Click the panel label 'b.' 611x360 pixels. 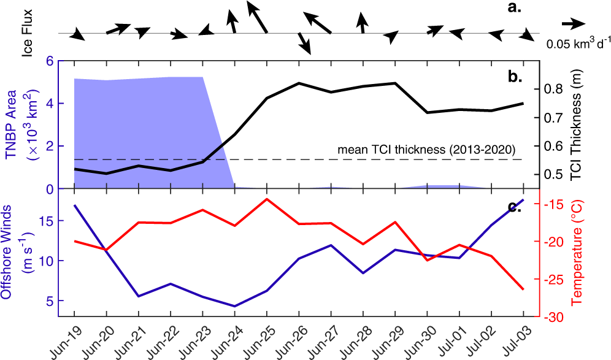coord(513,77)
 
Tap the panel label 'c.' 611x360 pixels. coord(513,206)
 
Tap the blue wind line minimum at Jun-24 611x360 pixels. coord(235,306)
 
